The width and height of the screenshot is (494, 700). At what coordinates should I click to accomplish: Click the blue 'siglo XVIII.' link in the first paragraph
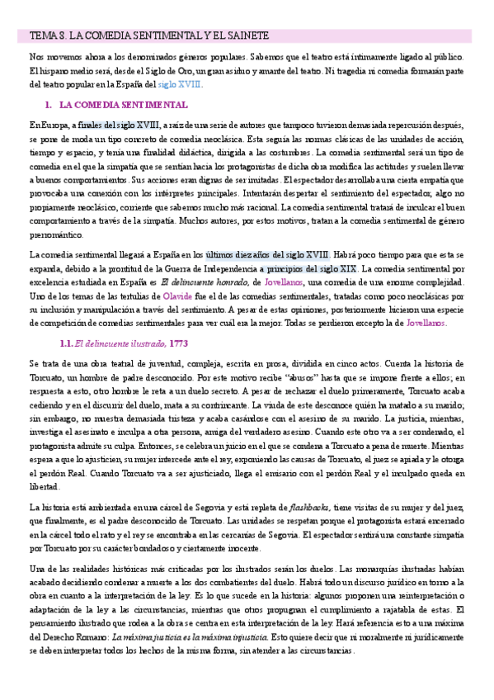point(180,84)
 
